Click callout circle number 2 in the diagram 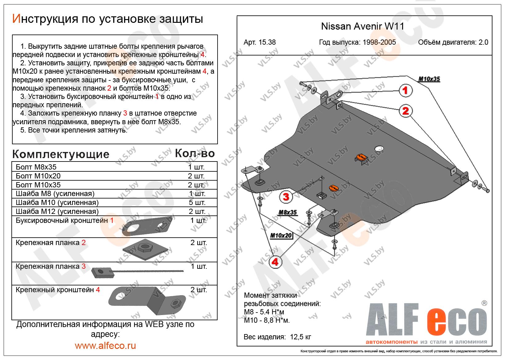[405, 111]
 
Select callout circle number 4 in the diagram [275, 262]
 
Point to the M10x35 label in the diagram [429, 79]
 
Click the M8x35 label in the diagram [288, 212]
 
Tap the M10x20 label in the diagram [281, 236]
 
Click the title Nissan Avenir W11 [363, 27]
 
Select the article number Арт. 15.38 [259, 43]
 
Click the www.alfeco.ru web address [105, 346]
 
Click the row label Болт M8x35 [36, 167]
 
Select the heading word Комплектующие [61, 154]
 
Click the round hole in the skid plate [379, 149]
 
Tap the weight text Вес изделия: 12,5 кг [277, 337]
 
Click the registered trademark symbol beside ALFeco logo [484, 303]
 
